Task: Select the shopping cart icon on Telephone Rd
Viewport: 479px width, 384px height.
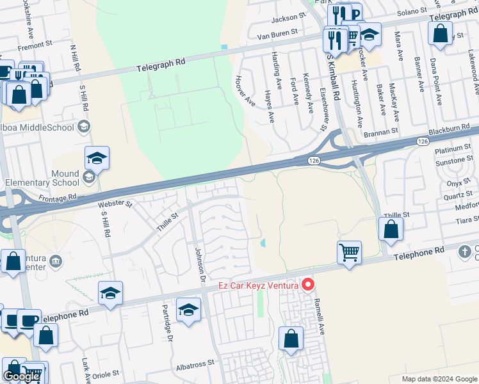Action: pos(349,253)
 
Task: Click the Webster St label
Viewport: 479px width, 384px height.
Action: pos(115,205)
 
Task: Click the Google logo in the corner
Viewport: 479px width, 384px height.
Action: pos(21,376)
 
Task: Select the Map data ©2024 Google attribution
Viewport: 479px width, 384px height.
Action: pos(439,379)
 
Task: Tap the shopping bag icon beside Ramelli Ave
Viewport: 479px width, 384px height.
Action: pos(291,339)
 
